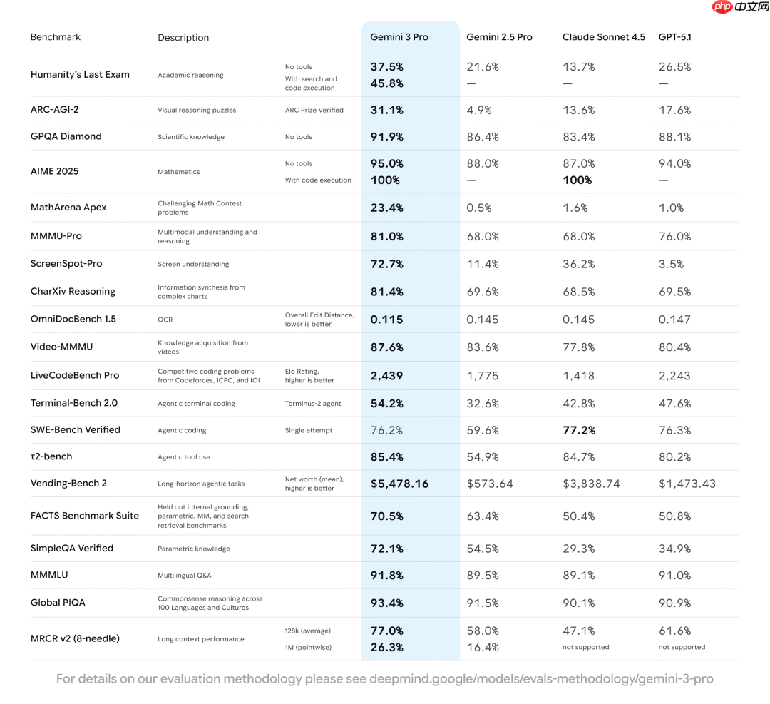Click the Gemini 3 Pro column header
399,37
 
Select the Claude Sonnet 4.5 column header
603,37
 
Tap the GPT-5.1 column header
674,37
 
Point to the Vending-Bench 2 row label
68,483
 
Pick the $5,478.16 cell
399,484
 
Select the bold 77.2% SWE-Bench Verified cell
579,430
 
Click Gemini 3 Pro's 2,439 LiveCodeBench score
386,376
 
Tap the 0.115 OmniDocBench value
386,320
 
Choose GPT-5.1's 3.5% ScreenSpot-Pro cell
671,264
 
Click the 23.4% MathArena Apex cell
386,208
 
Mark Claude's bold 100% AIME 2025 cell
577,180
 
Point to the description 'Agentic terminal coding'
196,404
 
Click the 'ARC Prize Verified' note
314,111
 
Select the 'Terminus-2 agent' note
313,404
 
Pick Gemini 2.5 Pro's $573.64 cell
490,484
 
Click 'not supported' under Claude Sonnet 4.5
585,648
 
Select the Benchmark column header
56,37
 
